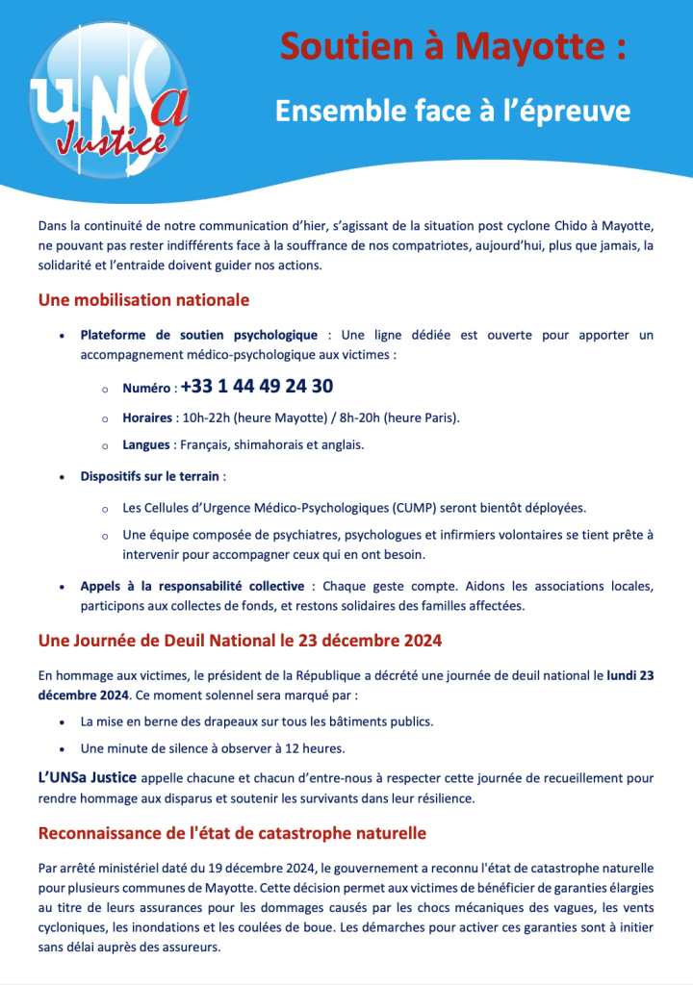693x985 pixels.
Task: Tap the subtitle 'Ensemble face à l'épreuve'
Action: click(452, 111)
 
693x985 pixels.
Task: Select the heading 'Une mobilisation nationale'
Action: click(143, 300)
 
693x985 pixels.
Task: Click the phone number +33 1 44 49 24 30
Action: click(257, 387)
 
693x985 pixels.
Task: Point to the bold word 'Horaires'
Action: click(147, 417)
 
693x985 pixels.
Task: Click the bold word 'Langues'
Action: click(145, 445)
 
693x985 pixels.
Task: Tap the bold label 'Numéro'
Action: click(147, 390)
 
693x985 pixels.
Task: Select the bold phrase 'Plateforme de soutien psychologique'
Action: click(198, 335)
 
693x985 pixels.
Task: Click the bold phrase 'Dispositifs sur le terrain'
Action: click(150, 476)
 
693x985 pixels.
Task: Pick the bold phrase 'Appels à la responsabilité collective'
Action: click(192, 586)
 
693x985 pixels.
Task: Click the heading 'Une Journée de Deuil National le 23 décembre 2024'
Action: click(240, 640)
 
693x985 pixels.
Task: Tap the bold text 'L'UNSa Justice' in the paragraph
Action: click(89, 777)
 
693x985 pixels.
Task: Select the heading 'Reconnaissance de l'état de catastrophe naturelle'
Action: click(232, 832)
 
